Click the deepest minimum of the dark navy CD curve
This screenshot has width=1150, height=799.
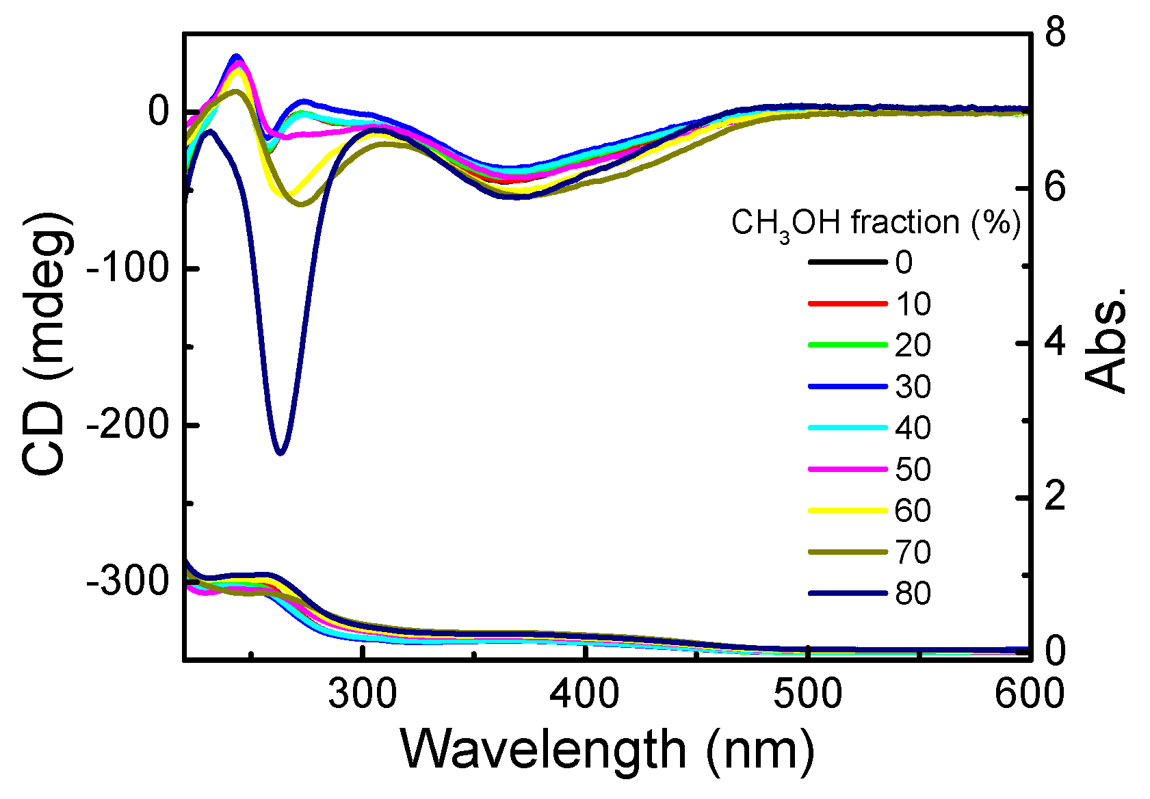tap(280, 452)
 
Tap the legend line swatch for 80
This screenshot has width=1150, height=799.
tap(847, 593)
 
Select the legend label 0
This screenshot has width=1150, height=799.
tap(904, 263)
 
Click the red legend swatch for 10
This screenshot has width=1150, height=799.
tap(847, 304)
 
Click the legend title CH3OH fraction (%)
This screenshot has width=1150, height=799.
tap(876, 223)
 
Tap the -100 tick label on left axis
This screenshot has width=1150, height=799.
tap(127, 269)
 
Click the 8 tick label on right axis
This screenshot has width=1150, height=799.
tap(1055, 32)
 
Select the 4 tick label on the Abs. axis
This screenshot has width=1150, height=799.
tap(1055, 342)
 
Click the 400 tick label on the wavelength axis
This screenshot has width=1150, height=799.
tap(585, 694)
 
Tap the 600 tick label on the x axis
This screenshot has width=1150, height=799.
tap(1028, 694)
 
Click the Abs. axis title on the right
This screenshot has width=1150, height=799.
tap(1105, 342)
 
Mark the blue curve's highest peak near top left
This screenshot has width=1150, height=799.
tap(237, 56)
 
